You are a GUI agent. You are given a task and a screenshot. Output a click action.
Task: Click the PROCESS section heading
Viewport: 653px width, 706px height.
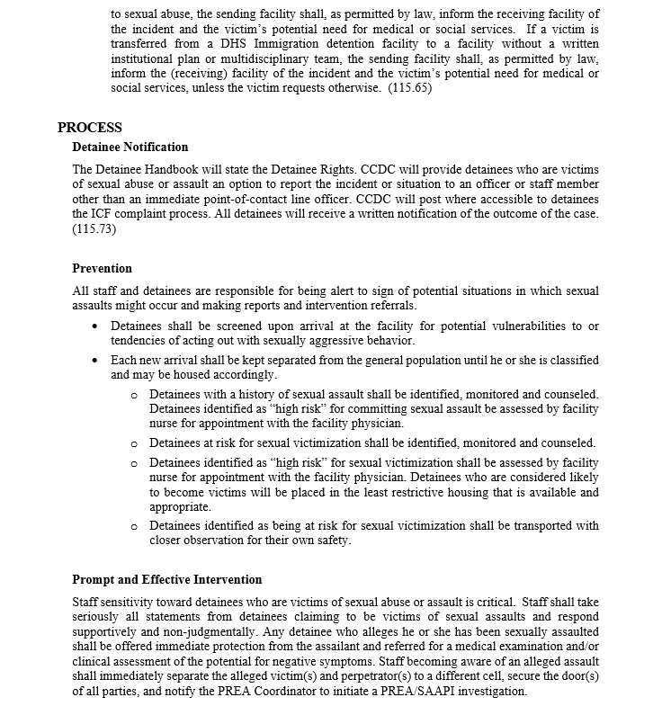click(x=90, y=128)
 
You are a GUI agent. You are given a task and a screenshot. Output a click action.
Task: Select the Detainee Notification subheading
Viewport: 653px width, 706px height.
click(x=130, y=147)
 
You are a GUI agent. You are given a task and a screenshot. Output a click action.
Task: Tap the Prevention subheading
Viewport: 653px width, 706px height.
click(x=102, y=268)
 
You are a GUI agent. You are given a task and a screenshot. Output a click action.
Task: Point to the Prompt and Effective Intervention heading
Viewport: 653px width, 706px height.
click(x=167, y=579)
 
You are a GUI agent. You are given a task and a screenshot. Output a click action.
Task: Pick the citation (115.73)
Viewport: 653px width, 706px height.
click(x=94, y=228)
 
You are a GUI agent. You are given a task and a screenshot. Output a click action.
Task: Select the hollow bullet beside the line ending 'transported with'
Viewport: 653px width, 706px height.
click(x=134, y=525)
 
